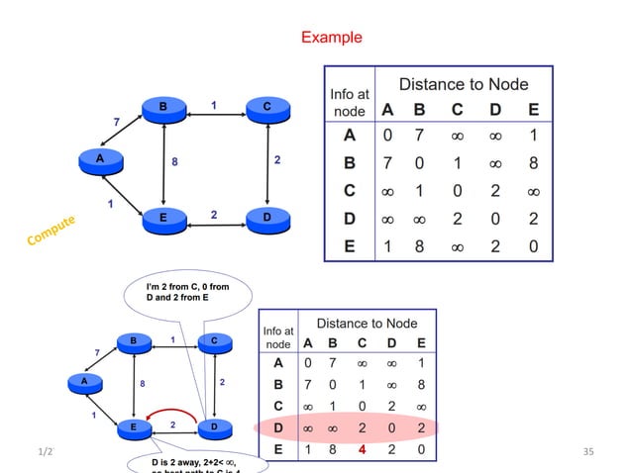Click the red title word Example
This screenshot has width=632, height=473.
click(x=332, y=38)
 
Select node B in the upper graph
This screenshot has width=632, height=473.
click(x=162, y=106)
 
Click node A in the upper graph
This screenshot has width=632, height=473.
click(x=101, y=159)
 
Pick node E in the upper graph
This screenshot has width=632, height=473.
click(x=162, y=217)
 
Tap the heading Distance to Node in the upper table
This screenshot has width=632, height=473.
click(x=463, y=85)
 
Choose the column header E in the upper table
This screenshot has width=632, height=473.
click(x=534, y=111)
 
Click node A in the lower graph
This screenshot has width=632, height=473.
click(x=85, y=381)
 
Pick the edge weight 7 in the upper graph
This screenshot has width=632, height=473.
click(x=118, y=121)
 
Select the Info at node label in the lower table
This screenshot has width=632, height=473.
click(x=278, y=337)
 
